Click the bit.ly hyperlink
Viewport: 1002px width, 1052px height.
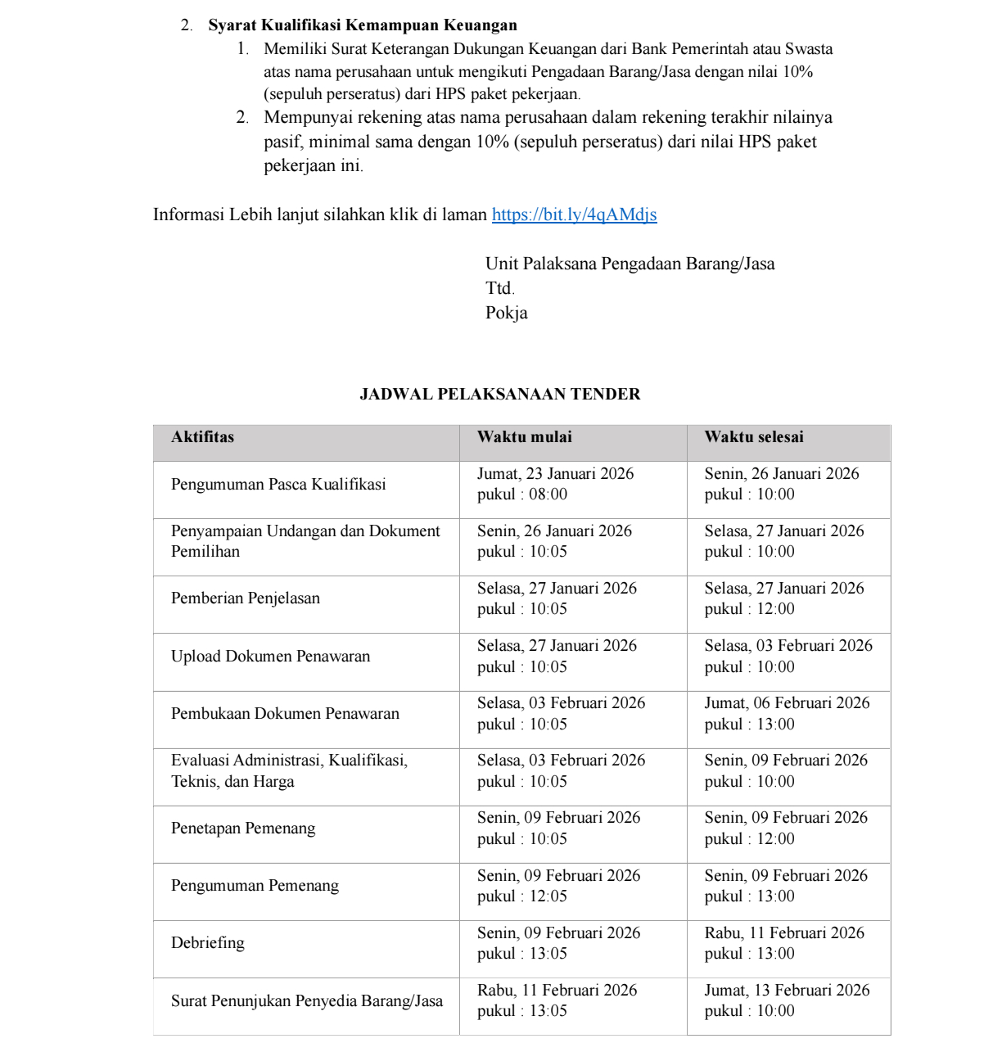point(574,214)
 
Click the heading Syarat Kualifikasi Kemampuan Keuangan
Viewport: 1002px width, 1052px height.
point(362,25)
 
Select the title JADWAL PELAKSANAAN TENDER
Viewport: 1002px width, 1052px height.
point(500,394)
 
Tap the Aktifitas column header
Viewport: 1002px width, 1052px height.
point(202,437)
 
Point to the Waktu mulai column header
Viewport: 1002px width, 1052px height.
point(525,437)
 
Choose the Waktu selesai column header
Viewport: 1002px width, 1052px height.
point(754,437)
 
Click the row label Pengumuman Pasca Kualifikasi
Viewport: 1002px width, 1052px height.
point(278,485)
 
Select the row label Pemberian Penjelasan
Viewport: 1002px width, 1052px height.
point(246,598)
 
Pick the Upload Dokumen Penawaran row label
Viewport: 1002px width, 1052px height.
point(270,657)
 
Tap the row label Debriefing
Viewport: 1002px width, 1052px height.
point(208,943)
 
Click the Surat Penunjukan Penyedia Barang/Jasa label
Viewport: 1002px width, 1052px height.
point(307,1001)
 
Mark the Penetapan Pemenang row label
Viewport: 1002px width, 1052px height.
point(243,829)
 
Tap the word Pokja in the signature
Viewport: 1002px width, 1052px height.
point(507,313)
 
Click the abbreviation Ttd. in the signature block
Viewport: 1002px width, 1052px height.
point(499,288)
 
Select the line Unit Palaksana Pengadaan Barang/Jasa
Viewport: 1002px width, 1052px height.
point(630,264)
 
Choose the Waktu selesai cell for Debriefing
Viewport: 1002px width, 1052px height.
point(784,943)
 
